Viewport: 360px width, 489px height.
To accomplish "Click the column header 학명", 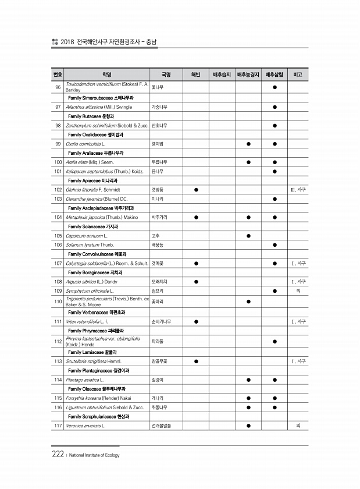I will pyautogui.click(x=106, y=75).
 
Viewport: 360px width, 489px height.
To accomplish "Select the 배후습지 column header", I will pyautogui.click(x=222, y=75).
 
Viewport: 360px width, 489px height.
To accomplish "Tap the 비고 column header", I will pyautogui.click(x=298, y=75).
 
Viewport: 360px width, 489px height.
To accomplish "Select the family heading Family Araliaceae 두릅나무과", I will pyautogui.click(x=99, y=153).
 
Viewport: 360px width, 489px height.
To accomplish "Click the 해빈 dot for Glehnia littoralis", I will pyautogui.click(x=197, y=190).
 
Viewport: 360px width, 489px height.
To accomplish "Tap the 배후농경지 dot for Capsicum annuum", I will pyautogui.click(x=248, y=236).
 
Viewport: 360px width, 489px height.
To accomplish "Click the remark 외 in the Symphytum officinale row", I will pyautogui.click(x=298, y=290).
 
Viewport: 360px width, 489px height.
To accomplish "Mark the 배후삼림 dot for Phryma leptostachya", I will pyautogui.click(x=275, y=341).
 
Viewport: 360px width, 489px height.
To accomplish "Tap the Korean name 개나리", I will pyautogui.click(x=157, y=398).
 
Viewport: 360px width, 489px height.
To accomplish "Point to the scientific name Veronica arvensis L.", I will pyautogui.click(x=85, y=426).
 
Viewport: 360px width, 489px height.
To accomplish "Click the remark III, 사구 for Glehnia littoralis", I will pyautogui.click(x=298, y=190).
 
